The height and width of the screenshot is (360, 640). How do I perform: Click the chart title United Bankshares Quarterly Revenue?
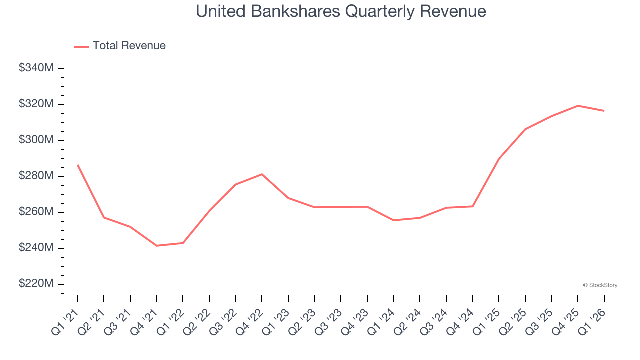coord(341,11)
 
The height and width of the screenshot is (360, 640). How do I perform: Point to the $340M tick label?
coord(36,68)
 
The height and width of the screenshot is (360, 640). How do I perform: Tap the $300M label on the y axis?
coord(36,140)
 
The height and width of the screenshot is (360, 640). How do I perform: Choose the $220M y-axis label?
coord(36,283)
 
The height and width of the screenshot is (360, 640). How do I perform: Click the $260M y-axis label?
coord(36,212)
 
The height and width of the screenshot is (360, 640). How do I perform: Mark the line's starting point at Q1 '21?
coord(78,165)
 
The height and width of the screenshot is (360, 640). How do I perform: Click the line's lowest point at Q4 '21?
coord(157,246)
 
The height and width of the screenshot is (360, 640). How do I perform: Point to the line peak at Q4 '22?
coord(262,174)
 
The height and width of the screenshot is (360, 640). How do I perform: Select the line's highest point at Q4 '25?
coord(578,106)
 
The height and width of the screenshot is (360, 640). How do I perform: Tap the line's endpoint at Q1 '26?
coord(604,111)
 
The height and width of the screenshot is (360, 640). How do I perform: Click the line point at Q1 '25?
coord(499,159)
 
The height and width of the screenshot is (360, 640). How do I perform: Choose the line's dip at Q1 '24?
coord(394,220)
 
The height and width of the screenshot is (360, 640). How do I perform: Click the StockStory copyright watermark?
coord(600,285)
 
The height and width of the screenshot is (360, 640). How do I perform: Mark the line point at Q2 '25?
coord(525,129)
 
